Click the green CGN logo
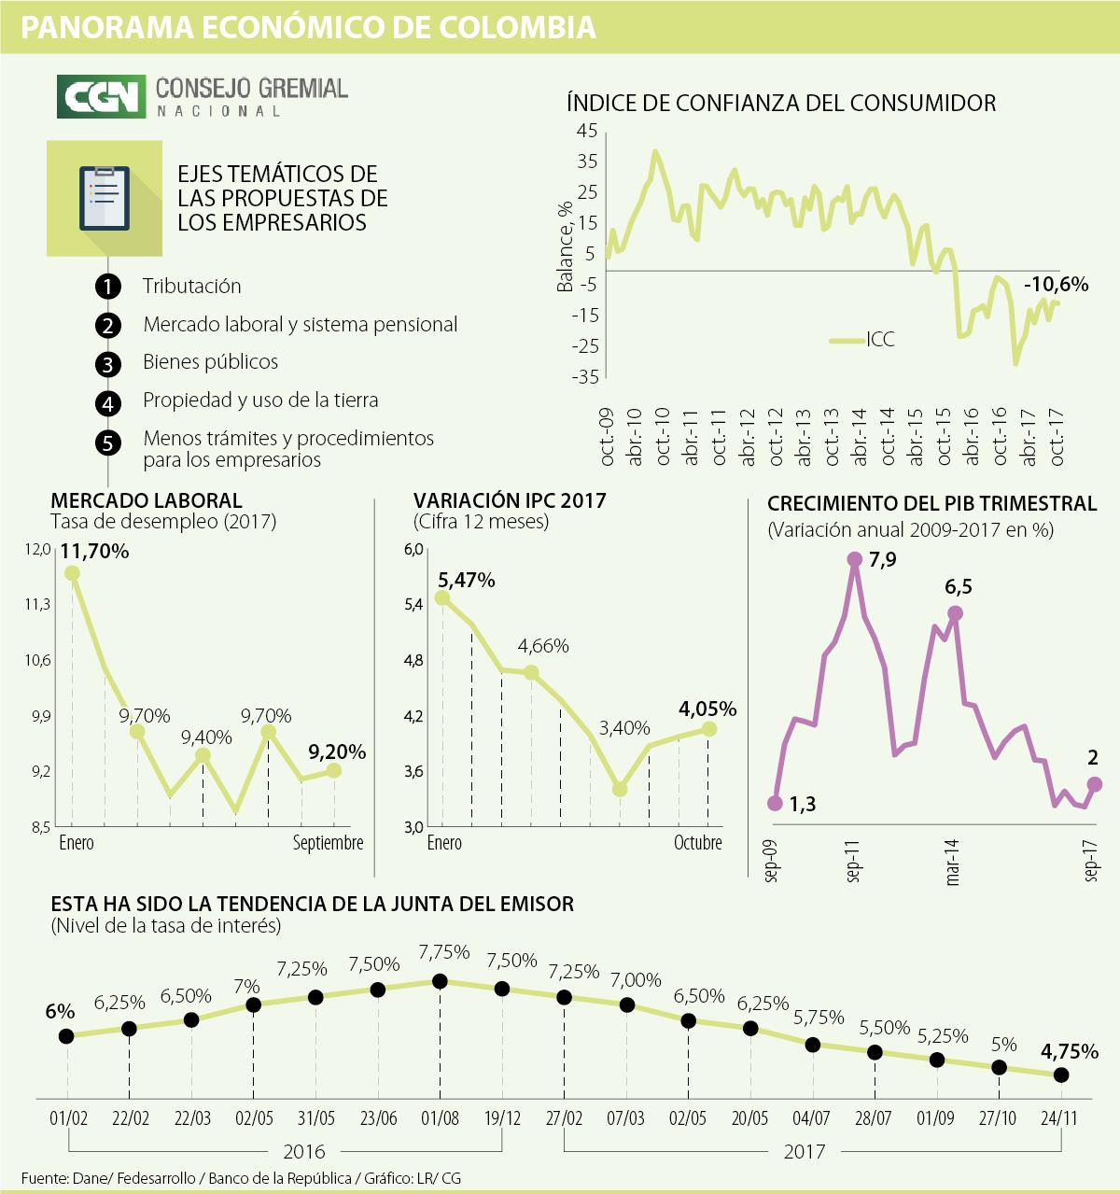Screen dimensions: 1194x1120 point(102,96)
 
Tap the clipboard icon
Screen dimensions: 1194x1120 point(105,198)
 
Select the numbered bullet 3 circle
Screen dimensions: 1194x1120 point(108,364)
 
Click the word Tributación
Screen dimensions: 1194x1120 point(191,286)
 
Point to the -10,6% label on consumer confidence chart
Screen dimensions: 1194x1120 point(1056,285)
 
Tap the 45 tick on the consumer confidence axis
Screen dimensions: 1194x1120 point(586,131)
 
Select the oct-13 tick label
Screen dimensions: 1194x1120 point(832,437)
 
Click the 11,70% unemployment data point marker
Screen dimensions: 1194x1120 point(71,573)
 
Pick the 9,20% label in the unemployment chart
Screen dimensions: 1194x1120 point(337,752)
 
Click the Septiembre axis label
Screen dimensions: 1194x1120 point(328,843)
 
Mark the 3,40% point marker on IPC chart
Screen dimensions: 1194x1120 point(620,789)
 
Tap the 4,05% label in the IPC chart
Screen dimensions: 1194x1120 point(707,709)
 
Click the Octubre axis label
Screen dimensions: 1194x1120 point(698,843)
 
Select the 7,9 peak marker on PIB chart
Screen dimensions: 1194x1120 point(854,559)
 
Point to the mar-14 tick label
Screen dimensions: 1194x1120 point(952,861)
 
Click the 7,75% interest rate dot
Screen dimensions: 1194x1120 point(441,981)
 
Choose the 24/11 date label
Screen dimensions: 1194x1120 point(1058,1117)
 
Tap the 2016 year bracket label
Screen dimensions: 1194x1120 point(304,1151)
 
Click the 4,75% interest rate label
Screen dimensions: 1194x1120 point(1070,1051)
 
